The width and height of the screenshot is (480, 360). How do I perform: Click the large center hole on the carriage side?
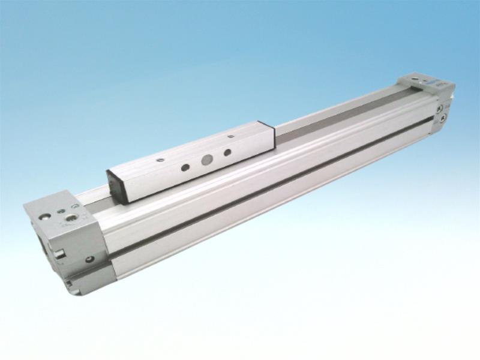(x=206, y=160)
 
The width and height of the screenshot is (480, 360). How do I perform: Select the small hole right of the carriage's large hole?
(x=227, y=153)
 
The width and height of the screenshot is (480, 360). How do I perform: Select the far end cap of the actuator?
(x=429, y=99)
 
